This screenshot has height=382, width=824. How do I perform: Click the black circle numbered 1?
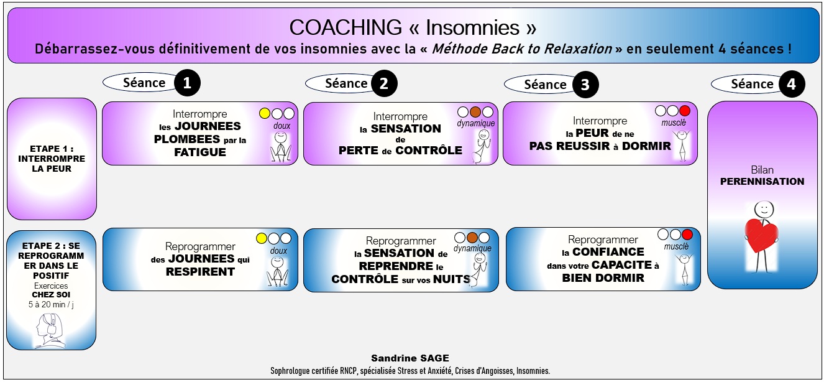pyautogui.click(x=187, y=83)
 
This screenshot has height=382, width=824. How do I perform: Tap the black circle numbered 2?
pyautogui.click(x=384, y=83)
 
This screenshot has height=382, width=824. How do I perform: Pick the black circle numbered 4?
pyautogui.click(x=791, y=84)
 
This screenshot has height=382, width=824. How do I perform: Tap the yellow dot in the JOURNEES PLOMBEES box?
pyautogui.click(x=265, y=113)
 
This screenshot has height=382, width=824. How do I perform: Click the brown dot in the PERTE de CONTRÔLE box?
pyautogui.click(x=475, y=112)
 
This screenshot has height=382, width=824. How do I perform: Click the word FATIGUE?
pyautogui.click(x=200, y=152)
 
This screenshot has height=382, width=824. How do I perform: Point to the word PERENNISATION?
pyautogui.click(x=762, y=182)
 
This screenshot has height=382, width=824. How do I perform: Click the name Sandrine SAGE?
pyautogui.click(x=410, y=358)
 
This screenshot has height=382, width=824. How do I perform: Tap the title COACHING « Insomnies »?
pyautogui.click(x=413, y=27)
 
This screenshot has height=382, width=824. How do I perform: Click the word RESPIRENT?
pyautogui.click(x=200, y=271)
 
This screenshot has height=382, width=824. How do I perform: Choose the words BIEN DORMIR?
pyautogui.click(x=603, y=277)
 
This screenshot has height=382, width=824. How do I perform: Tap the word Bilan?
pyautogui.click(x=762, y=170)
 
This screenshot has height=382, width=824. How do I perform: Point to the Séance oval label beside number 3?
pyautogui.click(x=537, y=85)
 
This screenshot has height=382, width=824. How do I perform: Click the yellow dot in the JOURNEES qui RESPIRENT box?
pyautogui.click(x=262, y=238)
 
